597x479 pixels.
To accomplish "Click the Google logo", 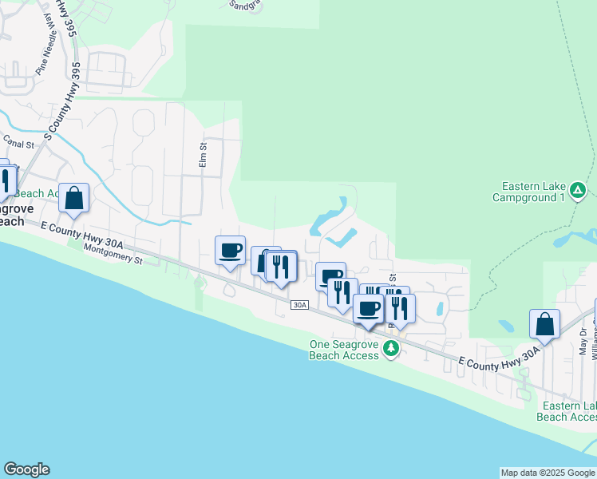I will (x=26, y=469).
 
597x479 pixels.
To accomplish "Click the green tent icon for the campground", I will (x=579, y=191).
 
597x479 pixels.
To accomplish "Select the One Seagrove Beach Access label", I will (x=344, y=350).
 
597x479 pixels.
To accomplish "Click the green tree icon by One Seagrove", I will (x=390, y=348).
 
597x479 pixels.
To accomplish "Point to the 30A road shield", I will (x=299, y=305).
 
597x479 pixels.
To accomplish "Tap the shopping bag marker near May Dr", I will (x=544, y=323).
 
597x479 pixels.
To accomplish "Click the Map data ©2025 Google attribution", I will (x=548, y=473).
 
